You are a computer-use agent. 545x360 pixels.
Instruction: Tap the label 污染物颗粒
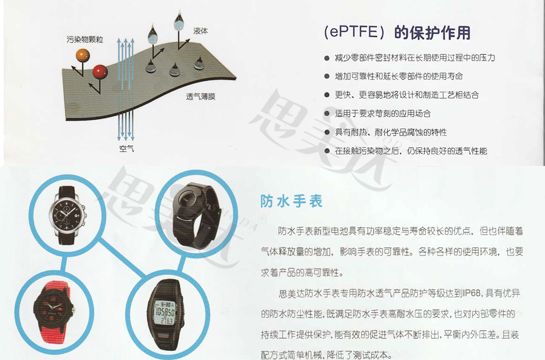pyautogui.click(x=84, y=40)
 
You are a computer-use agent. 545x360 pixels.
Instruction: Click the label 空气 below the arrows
pyautogui.click(x=126, y=148)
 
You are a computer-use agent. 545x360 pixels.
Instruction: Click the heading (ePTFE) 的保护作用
pyautogui.click(x=397, y=32)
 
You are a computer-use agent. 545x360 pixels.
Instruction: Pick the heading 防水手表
pyautogui.click(x=283, y=201)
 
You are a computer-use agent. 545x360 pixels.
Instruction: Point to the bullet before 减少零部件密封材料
pyautogui.click(x=327, y=58)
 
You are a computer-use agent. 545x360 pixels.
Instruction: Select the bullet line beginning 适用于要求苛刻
pyautogui.click(x=382, y=114)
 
